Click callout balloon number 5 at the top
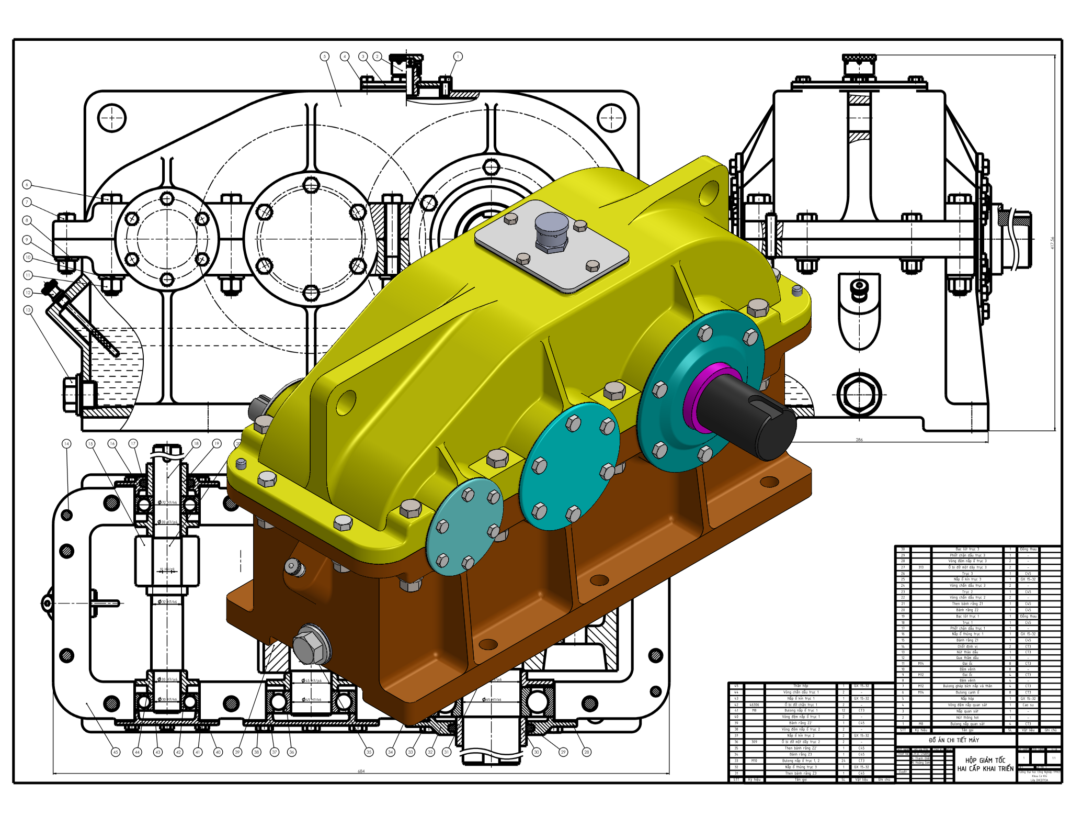[x=325, y=56]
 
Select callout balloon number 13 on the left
[x=28, y=310]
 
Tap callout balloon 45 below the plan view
[x=116, y=752]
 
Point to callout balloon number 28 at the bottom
[x=587, y=752]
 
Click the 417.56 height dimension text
[x=1052, y=242]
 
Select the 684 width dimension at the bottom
[x=361, y=771]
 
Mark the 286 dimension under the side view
[x=859, y=440]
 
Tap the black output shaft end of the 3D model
[x=753, y=413]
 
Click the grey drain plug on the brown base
[x=311, y=646]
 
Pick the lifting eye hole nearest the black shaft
[x=708, y=192]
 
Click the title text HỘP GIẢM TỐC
[x=985, y=760]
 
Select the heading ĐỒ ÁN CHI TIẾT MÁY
[x=954, y=740]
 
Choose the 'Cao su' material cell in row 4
[x=1028, y=705]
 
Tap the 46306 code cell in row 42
[x=754, y=705]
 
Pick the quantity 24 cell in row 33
[x=844, y=761]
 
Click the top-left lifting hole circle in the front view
[x=111, y=118]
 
